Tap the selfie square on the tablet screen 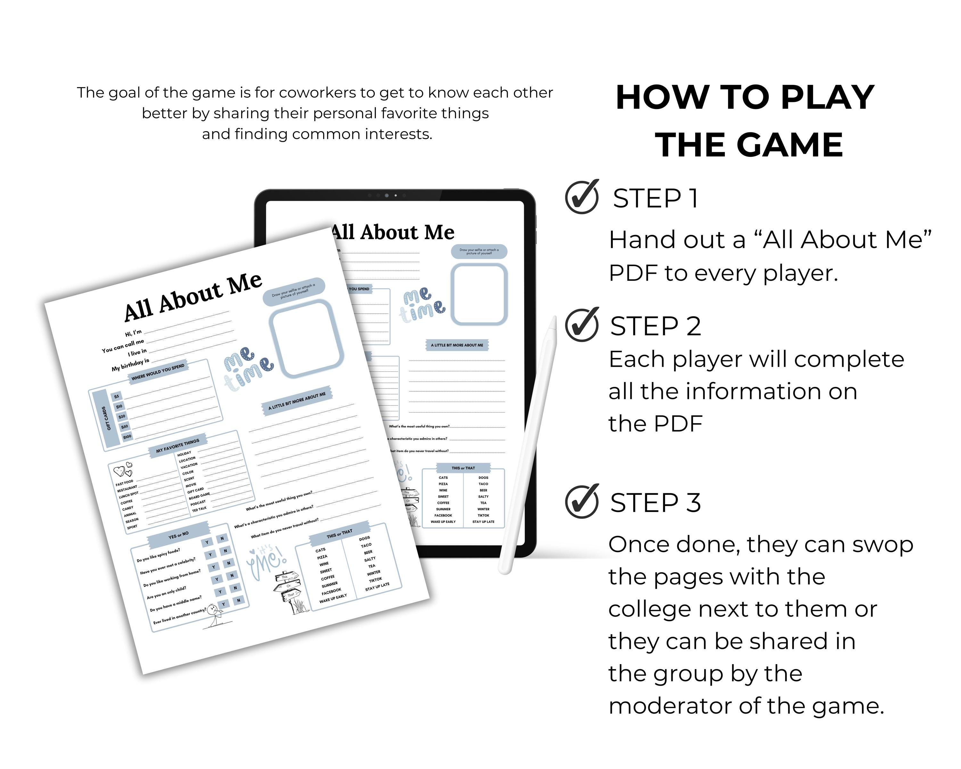(479, 294)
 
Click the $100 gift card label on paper (127, 437)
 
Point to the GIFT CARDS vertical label (105, 418)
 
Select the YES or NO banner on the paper (178, 535)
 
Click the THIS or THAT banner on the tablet (463, 468)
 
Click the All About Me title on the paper (193, 296)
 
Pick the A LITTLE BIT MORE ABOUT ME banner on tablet (456, 345)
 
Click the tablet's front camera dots (386, 195)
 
